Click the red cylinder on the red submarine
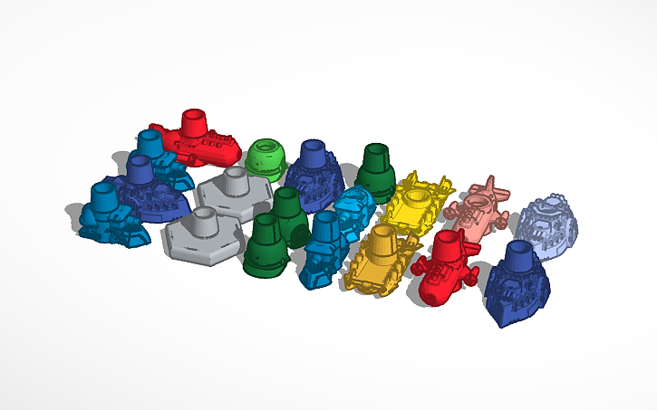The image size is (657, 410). [194, 125]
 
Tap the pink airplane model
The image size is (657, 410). [481, 207]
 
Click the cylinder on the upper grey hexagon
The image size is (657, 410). [235, 180]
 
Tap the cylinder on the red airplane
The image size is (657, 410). [445, 244]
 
